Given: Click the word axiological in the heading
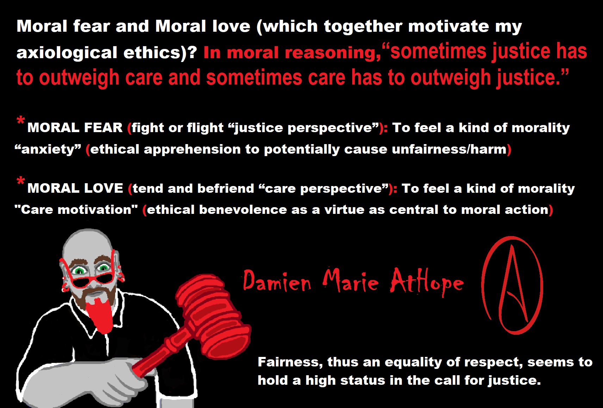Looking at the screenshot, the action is pos(67,52).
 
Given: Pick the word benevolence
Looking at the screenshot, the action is pos(243,210).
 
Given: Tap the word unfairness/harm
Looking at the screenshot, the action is pos(449,149).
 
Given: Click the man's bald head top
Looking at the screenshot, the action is pos(87,240).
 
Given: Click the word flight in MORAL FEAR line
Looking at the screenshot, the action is pos(205,128).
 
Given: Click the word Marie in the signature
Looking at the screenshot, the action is pos(350,280).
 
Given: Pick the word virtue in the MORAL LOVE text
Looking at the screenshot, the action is pos(344,210).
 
